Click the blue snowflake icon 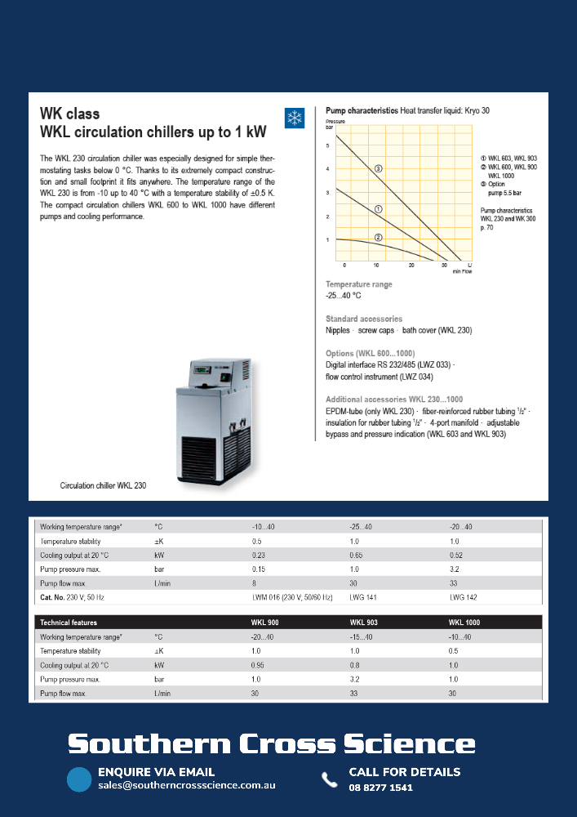[293, 118]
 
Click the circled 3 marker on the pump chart [379, 168]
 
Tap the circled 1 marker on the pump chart [379, 209]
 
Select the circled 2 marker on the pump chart [379, 237]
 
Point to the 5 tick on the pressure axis [327, 145]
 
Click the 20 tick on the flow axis [411, 266]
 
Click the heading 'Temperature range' [359, 284]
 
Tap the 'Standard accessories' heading [363, 319]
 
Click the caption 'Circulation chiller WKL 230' [104, 485]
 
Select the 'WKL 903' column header [364, 623]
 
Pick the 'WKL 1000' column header [464, 623]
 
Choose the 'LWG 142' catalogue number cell [463, 596]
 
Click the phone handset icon [329, 779]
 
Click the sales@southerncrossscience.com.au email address [187, 786]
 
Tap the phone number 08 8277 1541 [380, 788]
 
